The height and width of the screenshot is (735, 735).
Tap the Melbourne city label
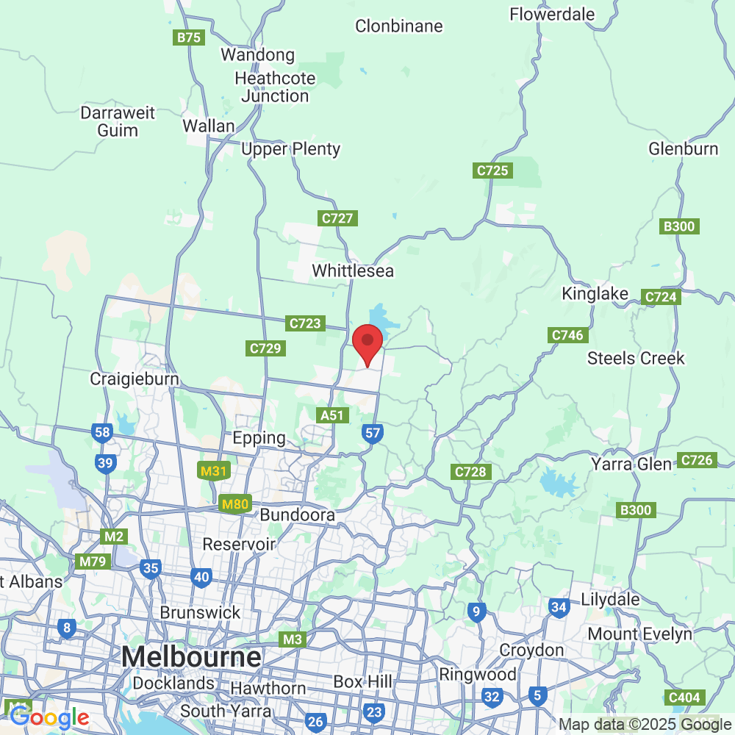[x=192, y=656]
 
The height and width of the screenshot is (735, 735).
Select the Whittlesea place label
[x=353, y=271]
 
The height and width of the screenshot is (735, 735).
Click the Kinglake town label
[x=595, y=294]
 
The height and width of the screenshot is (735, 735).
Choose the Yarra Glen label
[x=631, y=465]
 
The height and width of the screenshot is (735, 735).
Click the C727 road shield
[x=338, y=218]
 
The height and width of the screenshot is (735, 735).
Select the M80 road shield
[x=235, y=505]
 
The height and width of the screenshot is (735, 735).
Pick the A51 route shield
[x=332, y=415]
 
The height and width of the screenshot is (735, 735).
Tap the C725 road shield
[x=492, y=171]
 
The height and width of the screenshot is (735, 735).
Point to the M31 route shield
[x=213, y=471]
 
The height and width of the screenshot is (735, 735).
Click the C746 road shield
[x=567, y=335]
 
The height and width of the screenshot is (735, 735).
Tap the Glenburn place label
[x=683, y=149]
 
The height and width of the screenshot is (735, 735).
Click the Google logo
[x=49, y=717]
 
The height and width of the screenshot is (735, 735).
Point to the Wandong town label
[x=257, y=55]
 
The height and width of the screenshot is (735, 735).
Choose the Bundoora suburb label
[x=297, y=514]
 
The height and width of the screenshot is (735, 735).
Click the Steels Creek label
[x=636, y=359]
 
